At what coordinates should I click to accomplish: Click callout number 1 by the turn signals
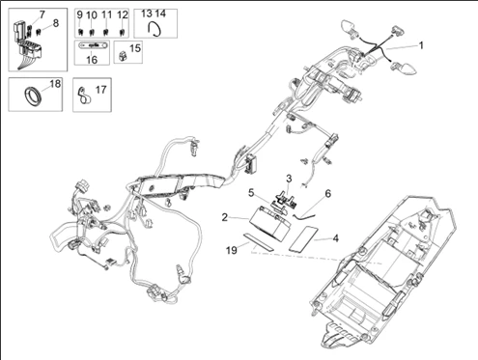click(x=421, y=45)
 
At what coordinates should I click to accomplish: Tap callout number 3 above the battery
click(x=288, y=180)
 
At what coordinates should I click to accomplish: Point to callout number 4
click(x=335, y=236)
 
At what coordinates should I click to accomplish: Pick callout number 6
click(x=326, y=193)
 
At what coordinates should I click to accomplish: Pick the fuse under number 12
click(x=122, y=34)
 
